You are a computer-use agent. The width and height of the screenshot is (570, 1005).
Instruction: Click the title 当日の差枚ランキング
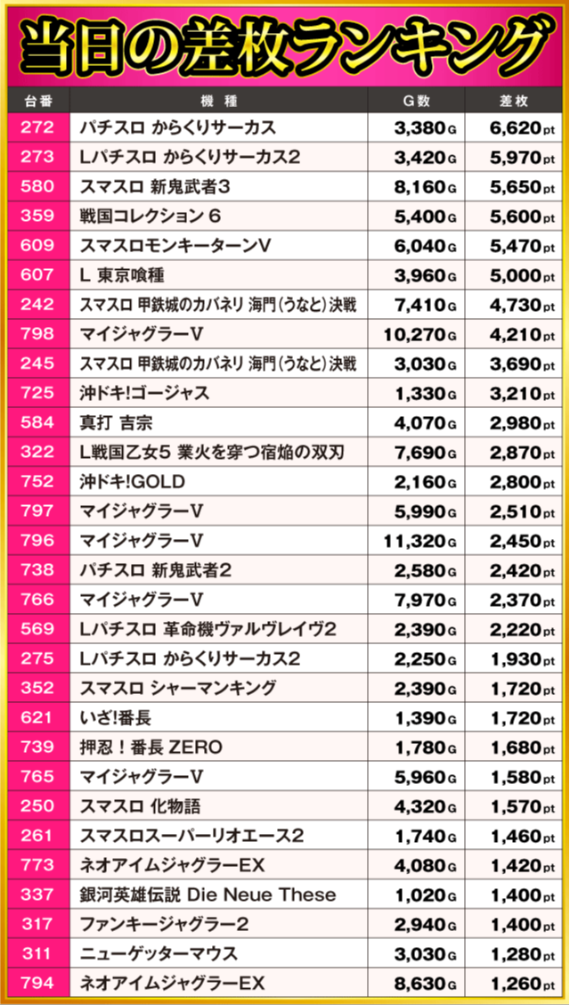pyautogui.click(x=285, y=45)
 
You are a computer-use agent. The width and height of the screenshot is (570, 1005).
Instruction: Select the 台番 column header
pyautogui.click(x=37, y=101)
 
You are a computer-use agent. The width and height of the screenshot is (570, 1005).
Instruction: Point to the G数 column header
pyautogui.click(x=416, y=101)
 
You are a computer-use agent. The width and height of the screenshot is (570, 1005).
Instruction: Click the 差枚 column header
pyautogui.click(x=514, y=101)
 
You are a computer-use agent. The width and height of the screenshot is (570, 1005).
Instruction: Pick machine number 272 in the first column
pyautogui.click(x=37, y=127)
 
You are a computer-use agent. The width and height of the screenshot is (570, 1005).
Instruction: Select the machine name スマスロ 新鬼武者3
pyautogui.click(x=155, y=186)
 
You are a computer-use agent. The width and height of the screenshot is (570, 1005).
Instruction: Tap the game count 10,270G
pyautogui.click(x=420, y=334)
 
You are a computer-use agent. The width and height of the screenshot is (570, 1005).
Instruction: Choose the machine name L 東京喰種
pyautogui.click(x=122, y=275)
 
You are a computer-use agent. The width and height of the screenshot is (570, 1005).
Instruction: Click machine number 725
pyautogui.click(x=37, y=393)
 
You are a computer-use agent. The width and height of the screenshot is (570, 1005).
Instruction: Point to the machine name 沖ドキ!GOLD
pyautogui.click(x=133, y=481)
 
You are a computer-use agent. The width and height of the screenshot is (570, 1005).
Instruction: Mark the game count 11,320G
pyautogui.click(x=420, y=540)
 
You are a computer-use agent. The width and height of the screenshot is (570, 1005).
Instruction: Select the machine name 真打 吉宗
pyautogui.click(x=117, y=422)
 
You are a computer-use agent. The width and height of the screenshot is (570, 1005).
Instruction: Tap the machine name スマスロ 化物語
pyautogui.click(x=141, y=805)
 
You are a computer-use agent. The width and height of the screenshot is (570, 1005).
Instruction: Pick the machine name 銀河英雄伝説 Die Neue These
pyautogui.click(x=208, y=895)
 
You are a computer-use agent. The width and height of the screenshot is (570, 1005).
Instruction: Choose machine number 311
pyautogui.click(x=37, y=953)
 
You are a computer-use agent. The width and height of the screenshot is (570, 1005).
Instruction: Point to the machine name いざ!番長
pyautogui.click(x=116, y=717)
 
